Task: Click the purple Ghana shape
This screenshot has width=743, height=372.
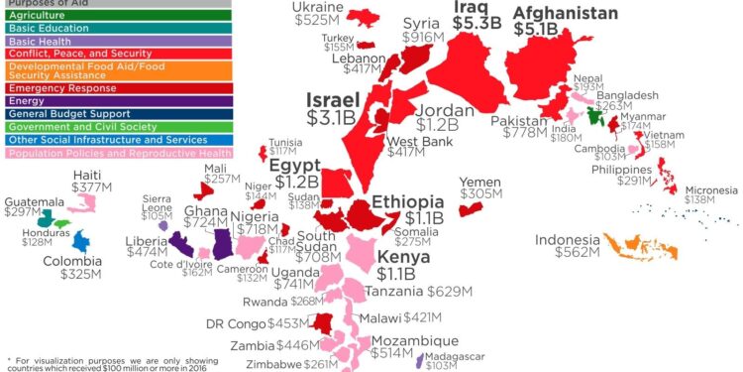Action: [x=221, y=242]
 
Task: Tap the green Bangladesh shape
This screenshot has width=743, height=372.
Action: [x=595, y=116]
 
